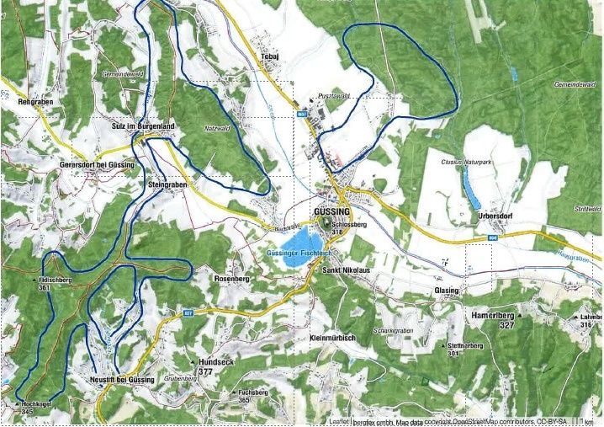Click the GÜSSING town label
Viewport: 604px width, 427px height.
(330, 211)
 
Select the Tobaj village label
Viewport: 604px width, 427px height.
(269, 56)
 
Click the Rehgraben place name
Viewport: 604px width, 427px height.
(35, 101)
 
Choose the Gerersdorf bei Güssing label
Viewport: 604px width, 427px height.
(97, 164)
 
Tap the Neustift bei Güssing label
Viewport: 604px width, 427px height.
(122, 380)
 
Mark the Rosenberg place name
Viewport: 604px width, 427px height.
(233, 278)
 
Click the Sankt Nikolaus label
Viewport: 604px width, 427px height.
(346, 270)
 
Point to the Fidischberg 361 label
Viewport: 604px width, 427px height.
(56, 281)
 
